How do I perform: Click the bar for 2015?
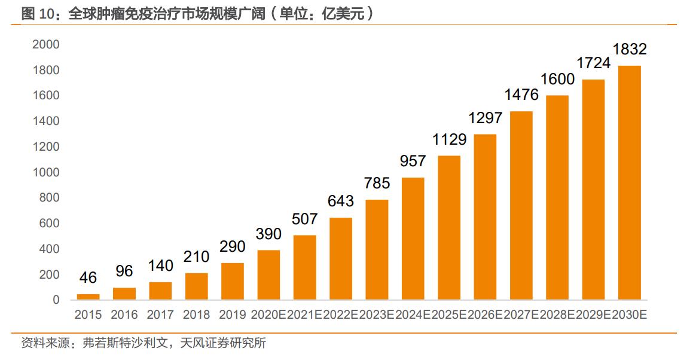coord(88,297)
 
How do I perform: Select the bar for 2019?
coord(233,281)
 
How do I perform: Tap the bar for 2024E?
coord(413,239)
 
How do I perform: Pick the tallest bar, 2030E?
coord(629,182)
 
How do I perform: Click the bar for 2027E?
coord(521,205)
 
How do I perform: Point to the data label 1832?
coord(629,50)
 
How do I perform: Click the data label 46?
coord(88,277)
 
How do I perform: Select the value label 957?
coord(413,161)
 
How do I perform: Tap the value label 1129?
coord(449,139)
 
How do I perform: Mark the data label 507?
coord(304,219)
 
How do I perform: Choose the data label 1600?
coord(557,79)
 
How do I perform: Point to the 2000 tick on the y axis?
coord(46,44)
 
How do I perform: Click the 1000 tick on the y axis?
coord(46,172)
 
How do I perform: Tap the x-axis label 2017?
coord(160,315)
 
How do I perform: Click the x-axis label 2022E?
coord(341,315)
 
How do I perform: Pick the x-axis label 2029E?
coord(593,315)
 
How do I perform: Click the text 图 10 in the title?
coord(38,14)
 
